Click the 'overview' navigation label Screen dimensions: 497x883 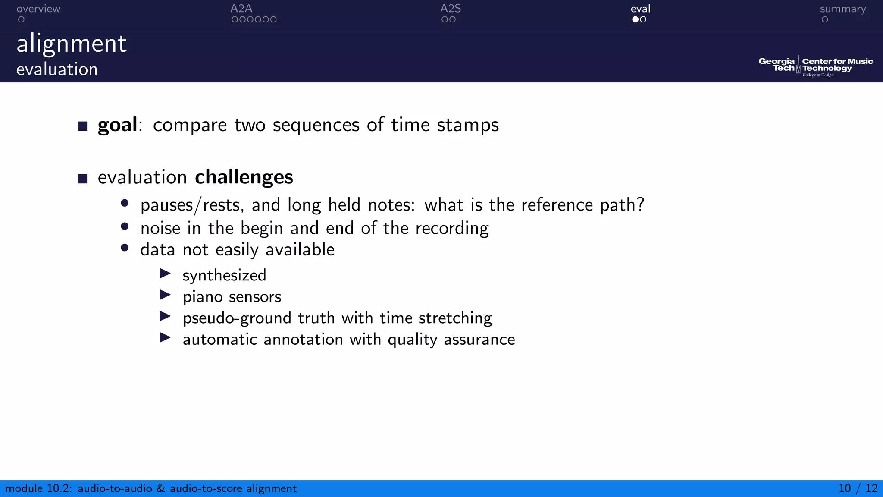pos(38,9)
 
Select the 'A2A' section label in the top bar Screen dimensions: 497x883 pos(241,9)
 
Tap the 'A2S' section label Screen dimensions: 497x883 pos(451,9)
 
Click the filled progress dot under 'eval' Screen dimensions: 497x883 pos(635,19)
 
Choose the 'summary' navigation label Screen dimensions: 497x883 pos(842,9)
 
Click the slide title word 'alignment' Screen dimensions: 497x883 pos(72,44)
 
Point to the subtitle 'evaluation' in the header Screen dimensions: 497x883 pos(57,69)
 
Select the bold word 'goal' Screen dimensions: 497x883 pos(117,125)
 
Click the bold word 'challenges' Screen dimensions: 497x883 pos(244,177)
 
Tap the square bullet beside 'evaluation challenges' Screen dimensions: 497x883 pos(82,179)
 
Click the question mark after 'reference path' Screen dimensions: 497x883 pos(640,204)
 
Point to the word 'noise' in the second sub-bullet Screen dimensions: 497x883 pos(160,228)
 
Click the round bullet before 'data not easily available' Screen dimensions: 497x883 pos(125,248)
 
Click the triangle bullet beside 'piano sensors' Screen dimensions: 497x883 pos(165,295)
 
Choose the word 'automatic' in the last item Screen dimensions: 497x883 pos(220,340)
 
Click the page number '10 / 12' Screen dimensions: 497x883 pos(858,488)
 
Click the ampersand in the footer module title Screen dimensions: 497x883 pos(161,488)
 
